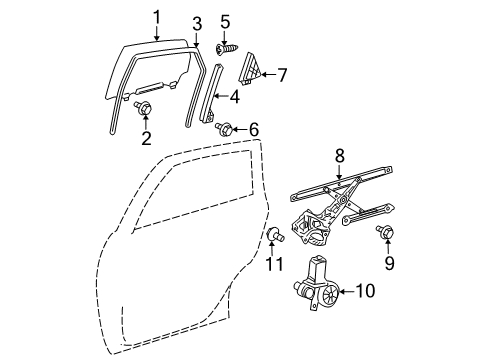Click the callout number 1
[155, 17]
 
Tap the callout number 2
[146, 138]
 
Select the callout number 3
[197, 22]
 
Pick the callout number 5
[225, 20]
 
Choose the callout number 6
[253, 128]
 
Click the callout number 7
[281, 74]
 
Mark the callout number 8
[339, 155]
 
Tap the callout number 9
[388, 263]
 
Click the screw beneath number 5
[226, 47]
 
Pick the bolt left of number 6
[226, 128]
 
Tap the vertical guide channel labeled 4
[213, 94]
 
